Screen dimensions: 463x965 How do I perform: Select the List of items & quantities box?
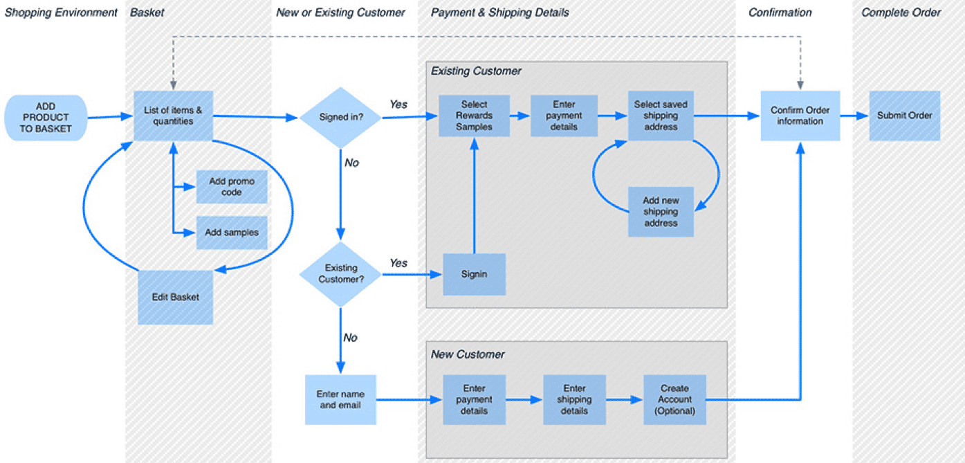[x=173, y=116]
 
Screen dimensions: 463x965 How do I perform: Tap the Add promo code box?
[x=232, y=187]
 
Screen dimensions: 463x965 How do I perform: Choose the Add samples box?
[x=232, y=233]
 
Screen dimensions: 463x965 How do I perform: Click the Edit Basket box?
[x=175, y=298]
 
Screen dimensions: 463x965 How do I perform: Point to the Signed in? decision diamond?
[x=340, y=117]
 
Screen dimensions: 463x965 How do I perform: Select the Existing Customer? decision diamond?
[x=340, y=274]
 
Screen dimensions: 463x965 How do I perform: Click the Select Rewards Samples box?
[x=474, y=116]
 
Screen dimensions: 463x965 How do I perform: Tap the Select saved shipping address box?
[x=661, y=116]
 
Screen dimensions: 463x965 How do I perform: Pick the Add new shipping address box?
[x=661, y=212]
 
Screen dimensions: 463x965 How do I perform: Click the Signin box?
[x=474, y=274]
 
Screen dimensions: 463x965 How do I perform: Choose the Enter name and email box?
[x=340, y=399]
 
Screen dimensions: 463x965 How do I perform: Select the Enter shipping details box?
[x=574, y=399]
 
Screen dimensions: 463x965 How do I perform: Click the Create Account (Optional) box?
[x=674, y=399]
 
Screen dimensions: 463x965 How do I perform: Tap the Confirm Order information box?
[x=800, y=116]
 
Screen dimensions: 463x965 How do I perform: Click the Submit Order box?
[x=904, y=116]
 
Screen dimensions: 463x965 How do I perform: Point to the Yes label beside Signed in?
[x=398, y=105]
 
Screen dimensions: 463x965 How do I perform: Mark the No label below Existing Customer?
[x=351, y=338]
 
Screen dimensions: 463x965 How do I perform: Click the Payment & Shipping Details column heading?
[x=500, y=12]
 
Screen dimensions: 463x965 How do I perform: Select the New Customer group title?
[x=468, y=354]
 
